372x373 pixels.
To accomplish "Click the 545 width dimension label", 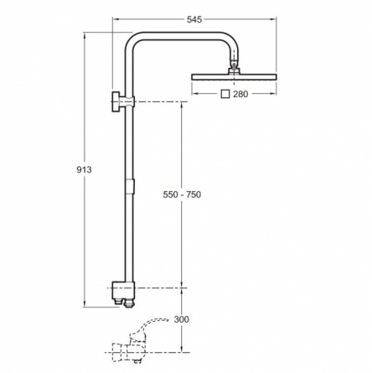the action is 194,19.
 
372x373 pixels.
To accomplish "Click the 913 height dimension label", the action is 84,169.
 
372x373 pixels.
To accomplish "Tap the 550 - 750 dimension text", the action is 182,194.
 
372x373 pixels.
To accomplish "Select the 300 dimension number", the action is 182,319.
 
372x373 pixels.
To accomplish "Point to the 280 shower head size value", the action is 240,94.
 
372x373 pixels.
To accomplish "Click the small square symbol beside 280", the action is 225,94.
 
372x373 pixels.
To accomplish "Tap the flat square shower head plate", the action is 234,76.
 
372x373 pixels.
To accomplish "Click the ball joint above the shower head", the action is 234,66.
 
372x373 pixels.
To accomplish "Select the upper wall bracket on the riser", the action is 123,101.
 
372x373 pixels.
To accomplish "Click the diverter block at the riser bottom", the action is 123,293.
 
